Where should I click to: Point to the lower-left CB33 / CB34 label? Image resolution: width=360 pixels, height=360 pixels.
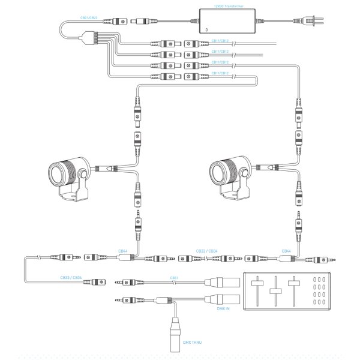(x=71, y=278)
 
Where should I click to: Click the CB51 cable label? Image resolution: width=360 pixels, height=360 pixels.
(x=174, y=278)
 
